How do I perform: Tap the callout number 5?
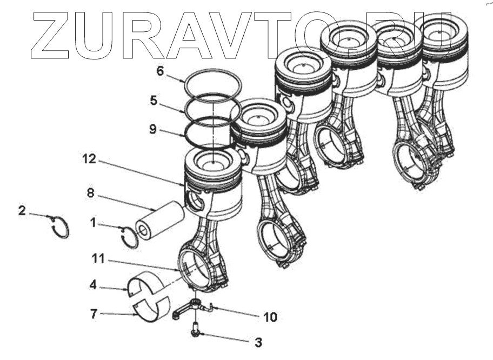point(154,100)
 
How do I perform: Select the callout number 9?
point(154,129)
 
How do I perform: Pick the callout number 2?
point(22,210)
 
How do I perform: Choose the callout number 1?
point(93,222)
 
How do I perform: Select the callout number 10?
point(270,317)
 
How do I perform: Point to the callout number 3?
point(258,342)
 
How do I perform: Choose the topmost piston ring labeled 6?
point(212,84)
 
